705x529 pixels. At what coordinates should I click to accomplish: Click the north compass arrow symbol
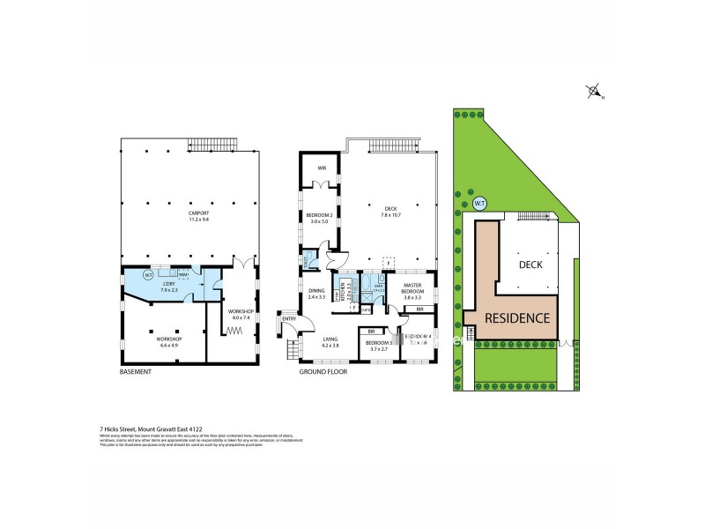tap(593, 91)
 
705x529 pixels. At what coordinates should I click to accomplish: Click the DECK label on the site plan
tap(531, 264)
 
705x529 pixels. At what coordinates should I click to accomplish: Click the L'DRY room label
tap(170, 285)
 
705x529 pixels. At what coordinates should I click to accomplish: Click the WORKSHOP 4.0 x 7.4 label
tap(241, 314)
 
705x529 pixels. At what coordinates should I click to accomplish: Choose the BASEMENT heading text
tap(136, 372)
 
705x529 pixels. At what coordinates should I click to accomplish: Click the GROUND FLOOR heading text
tap(321, 372)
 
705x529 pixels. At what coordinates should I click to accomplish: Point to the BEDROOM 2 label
tap(318, 217)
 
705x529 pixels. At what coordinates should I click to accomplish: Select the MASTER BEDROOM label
tap(414, 290)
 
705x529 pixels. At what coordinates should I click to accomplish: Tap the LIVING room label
tap(330, 340)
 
